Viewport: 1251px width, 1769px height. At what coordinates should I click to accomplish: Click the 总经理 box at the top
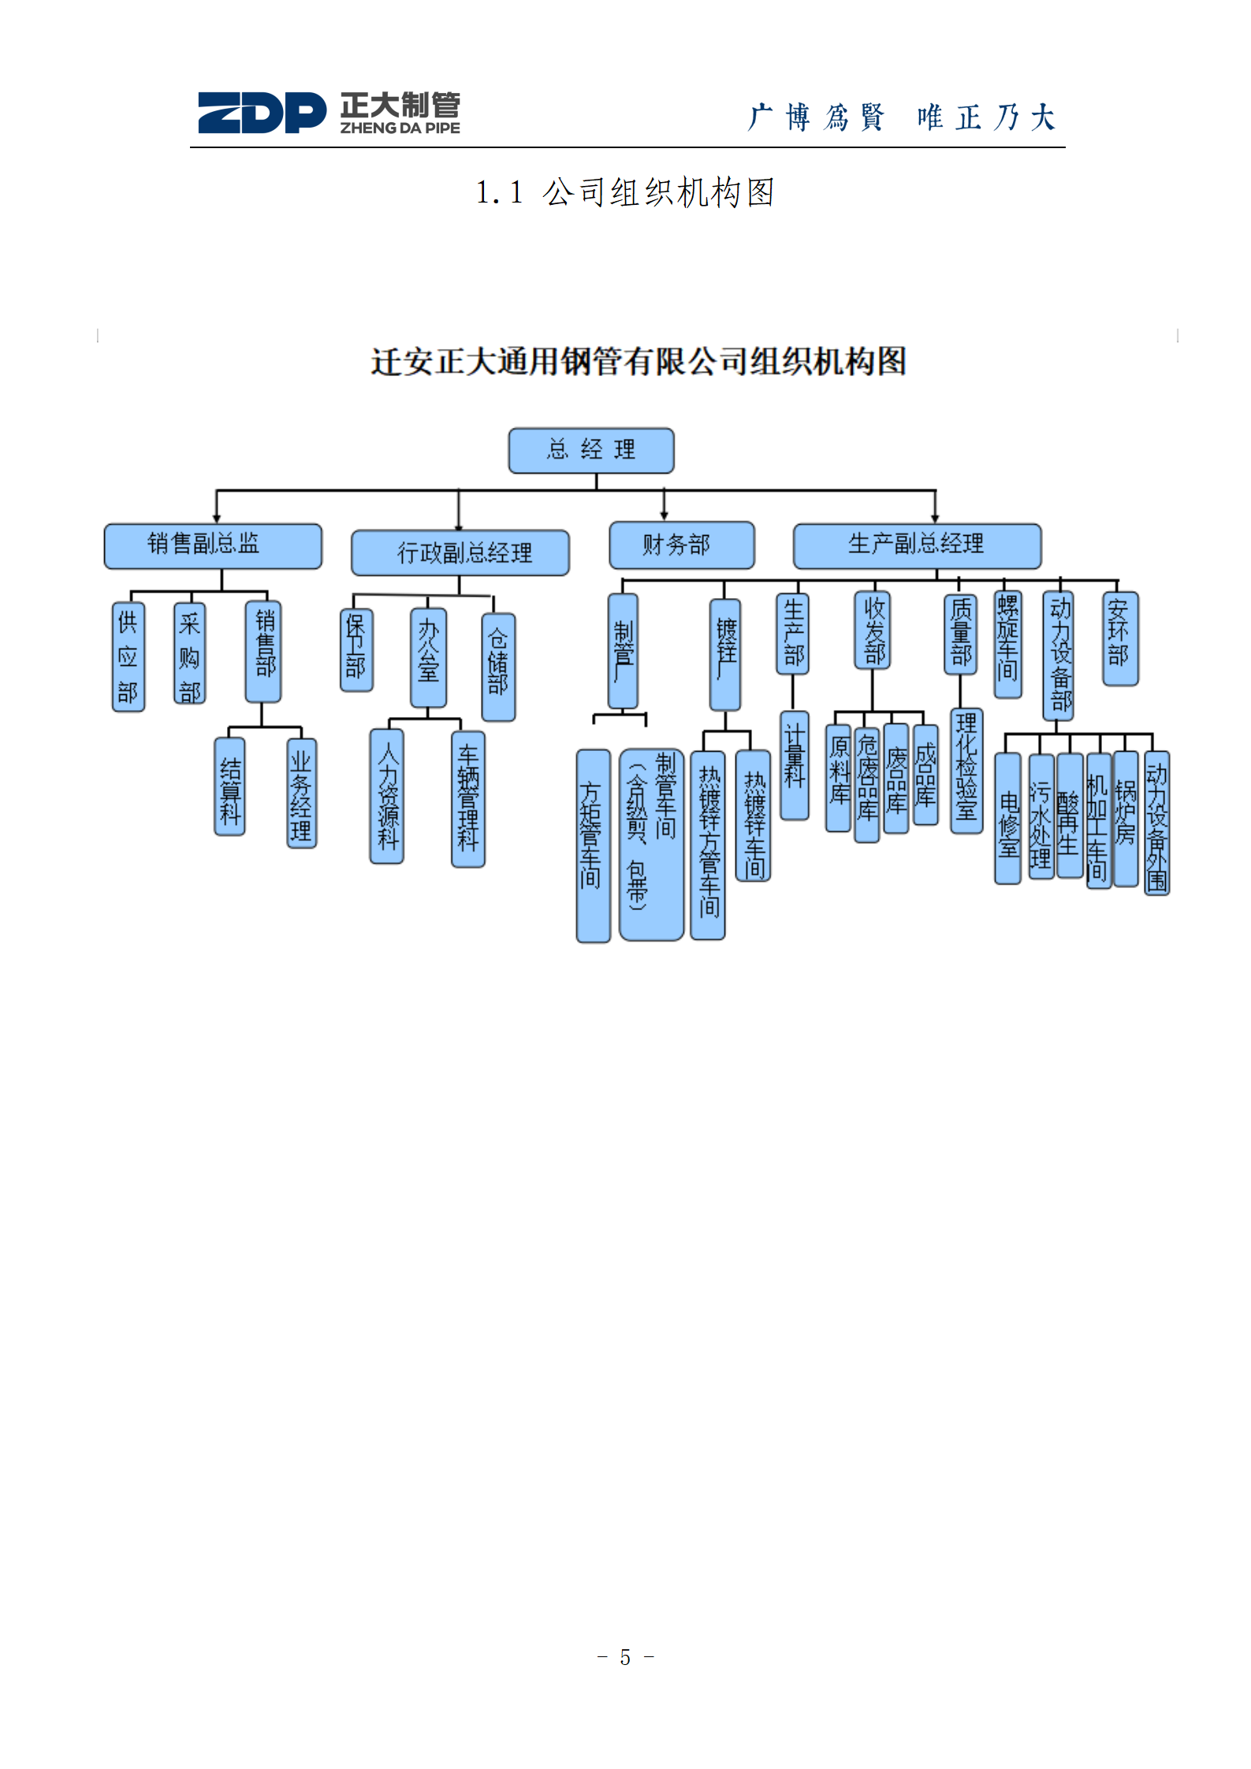[591, 451]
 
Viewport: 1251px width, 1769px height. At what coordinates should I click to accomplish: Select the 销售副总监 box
[213, 545]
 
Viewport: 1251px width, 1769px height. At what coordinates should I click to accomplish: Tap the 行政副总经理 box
[460, 552]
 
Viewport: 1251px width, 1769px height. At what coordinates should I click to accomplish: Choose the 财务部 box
[682, 544]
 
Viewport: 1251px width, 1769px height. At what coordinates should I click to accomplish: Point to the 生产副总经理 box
[917, 545]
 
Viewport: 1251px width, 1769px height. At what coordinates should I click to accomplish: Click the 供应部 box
[128, 657]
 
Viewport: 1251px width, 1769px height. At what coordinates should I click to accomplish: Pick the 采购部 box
[190, 653]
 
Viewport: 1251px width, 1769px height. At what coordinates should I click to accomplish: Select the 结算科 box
[229, 786]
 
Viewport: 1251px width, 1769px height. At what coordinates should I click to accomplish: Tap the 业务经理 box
[301, 793]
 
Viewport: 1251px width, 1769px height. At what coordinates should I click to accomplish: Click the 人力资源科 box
[387, 796]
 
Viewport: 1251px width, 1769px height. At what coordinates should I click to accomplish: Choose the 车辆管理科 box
[468, 799]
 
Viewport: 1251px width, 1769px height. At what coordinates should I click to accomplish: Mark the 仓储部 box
[498, 667]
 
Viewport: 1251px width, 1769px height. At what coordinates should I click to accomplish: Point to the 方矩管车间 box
[593, 845]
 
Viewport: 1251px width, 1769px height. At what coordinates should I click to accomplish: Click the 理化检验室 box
[966, 771]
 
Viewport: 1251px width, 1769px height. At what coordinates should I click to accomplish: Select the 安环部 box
[1120, 638]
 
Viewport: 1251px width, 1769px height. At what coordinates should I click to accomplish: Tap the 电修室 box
[1007, 818]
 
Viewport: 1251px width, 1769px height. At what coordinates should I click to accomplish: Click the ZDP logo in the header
[262, 113]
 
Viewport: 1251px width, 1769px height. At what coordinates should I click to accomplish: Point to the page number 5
[625, 1657]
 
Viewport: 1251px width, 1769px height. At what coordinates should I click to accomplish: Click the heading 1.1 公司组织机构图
[625, 192]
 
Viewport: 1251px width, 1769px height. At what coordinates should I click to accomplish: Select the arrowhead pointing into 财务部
[665, 515]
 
